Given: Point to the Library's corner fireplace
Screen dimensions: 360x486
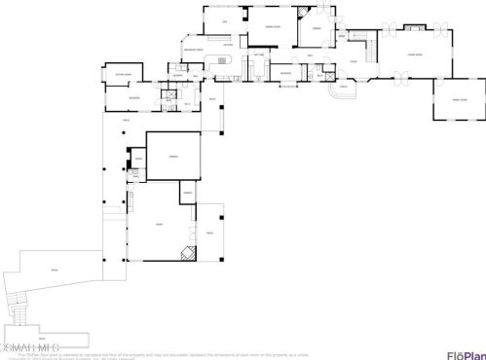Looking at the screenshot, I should pyautogui.click(x=324, y=11).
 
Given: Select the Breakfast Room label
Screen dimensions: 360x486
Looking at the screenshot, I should pyautogui.click(x=192, y=48).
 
